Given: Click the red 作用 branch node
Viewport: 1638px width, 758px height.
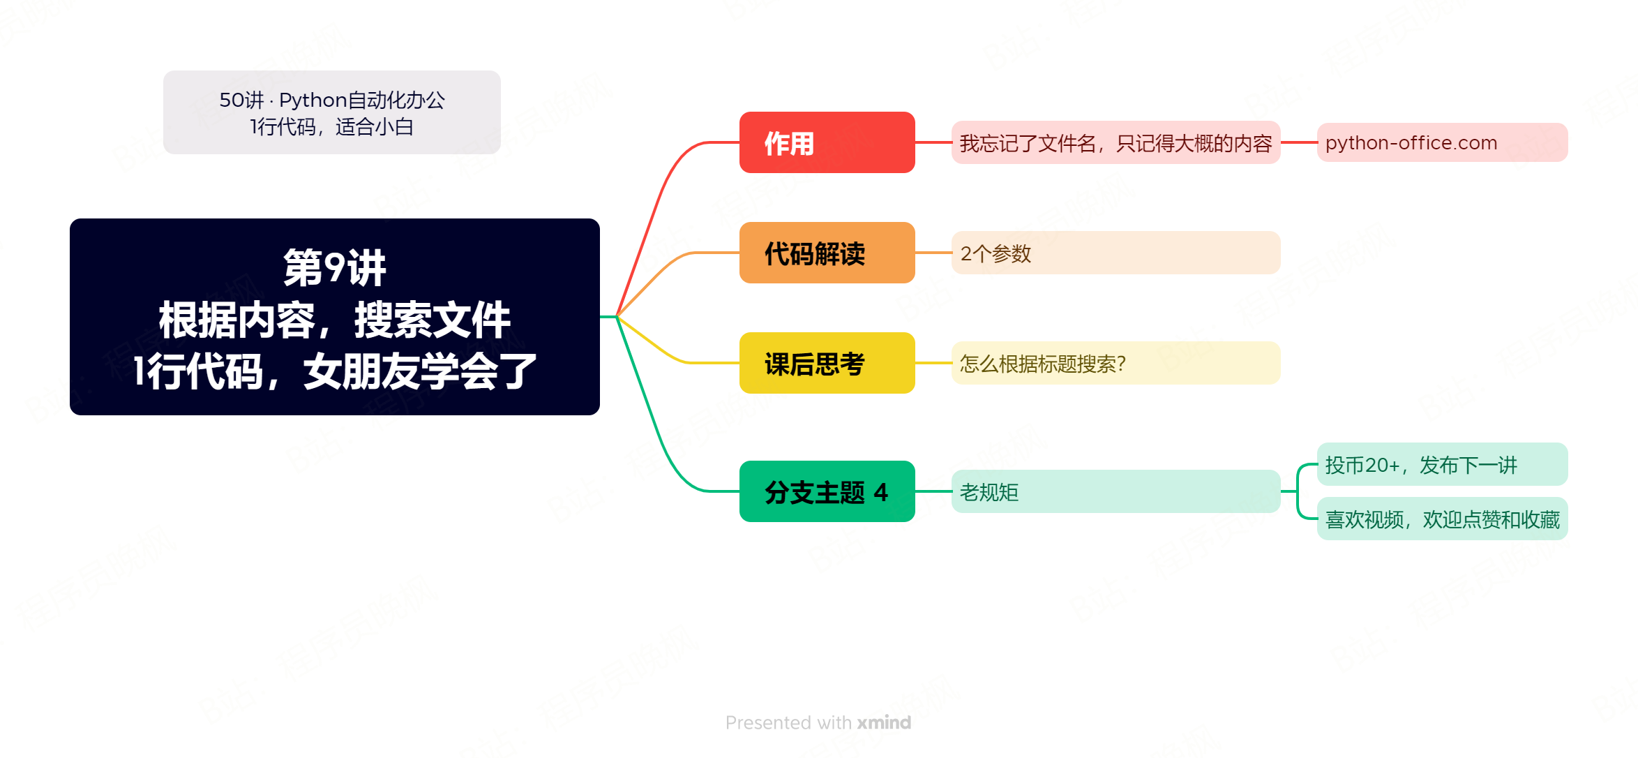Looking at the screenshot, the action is point(827,142).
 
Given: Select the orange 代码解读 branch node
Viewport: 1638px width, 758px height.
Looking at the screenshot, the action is point(827,253).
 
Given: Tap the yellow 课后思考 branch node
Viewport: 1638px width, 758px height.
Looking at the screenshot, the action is point(827,363).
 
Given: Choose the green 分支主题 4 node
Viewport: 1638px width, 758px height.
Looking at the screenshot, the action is point(827,491).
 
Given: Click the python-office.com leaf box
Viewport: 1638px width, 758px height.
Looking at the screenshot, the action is point(1442,142).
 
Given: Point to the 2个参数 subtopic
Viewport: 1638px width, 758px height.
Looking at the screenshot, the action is point(1115,253).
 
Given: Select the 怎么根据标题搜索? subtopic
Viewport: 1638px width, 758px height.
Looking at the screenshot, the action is point(1115,363).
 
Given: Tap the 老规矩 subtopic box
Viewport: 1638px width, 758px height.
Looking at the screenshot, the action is point(1115,491).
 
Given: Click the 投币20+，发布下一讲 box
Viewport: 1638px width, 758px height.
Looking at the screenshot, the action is point(1442,464).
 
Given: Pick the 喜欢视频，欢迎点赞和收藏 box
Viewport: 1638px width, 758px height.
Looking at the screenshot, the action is point(1442,519).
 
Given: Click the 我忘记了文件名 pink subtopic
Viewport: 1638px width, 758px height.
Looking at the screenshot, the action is point(1115,142).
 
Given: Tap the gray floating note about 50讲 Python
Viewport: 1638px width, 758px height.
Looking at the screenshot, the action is point(332,112).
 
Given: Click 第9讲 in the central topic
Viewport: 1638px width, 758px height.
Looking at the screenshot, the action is point(334,267).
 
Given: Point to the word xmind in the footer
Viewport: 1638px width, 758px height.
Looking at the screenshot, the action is point(884,722).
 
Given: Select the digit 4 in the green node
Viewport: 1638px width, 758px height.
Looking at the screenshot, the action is point(881,492).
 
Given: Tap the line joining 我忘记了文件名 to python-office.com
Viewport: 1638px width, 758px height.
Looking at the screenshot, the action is point(1299,142).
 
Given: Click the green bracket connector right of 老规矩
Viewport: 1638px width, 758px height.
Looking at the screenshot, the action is point(1299,491).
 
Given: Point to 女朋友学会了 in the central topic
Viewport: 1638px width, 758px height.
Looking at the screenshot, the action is point(420,371).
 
